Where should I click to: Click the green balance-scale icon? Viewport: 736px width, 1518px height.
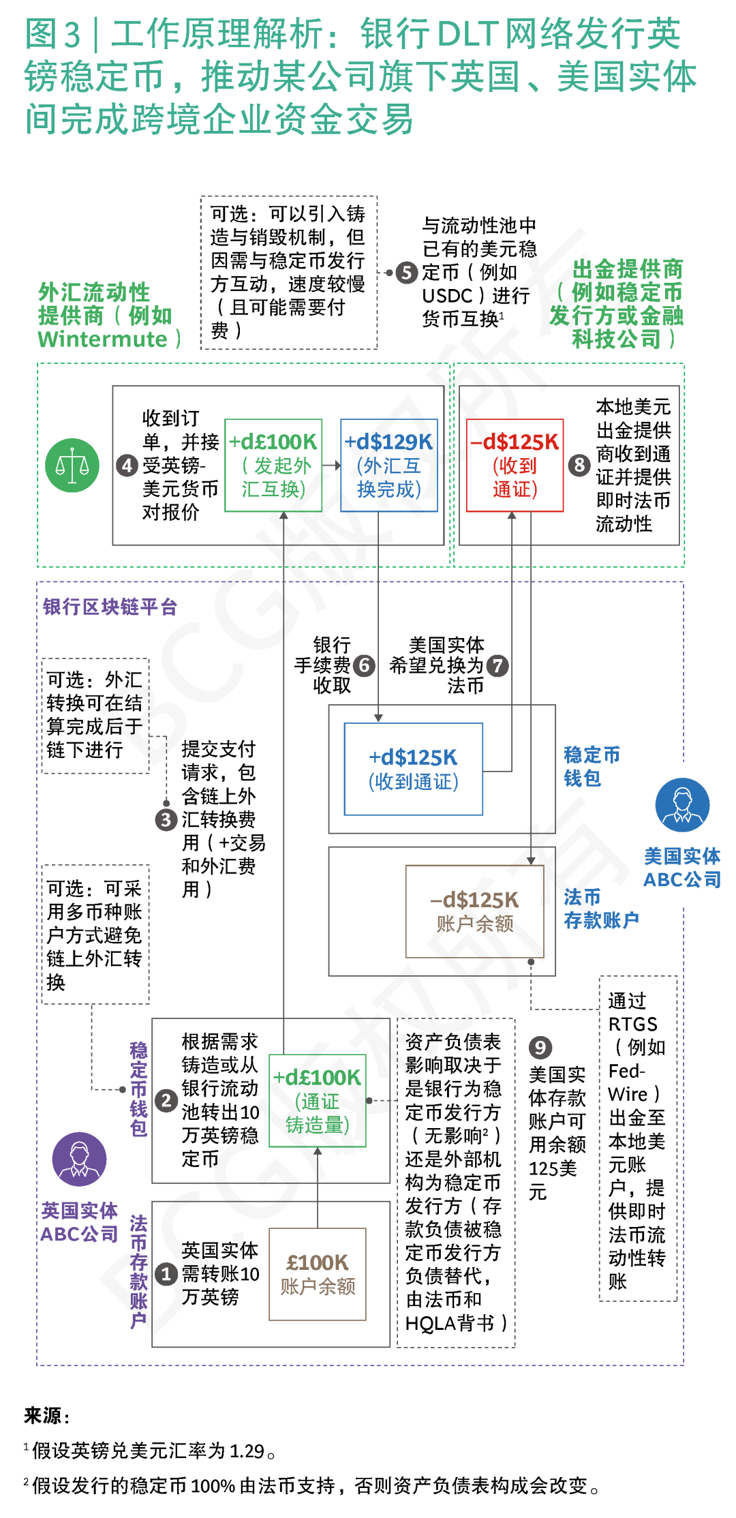click(72, 466)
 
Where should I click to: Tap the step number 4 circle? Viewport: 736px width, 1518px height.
click(127, 466)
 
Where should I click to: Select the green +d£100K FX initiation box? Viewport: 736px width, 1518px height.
click(273, 466)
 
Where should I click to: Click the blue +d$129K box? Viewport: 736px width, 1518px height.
click(388, 466)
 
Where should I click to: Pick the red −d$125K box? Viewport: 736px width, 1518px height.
click(515, 466)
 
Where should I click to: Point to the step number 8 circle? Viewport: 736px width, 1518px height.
click(579, 465)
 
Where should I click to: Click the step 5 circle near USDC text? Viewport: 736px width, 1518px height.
click(407, 273)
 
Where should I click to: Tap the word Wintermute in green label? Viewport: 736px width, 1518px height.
click(103, 339)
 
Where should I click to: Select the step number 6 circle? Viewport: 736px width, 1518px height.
click(364, 665)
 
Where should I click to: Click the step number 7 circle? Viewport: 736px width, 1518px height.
click(497, 665)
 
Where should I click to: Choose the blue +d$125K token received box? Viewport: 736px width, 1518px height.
click(413, 769)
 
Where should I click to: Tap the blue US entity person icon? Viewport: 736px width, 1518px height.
click(682, 805)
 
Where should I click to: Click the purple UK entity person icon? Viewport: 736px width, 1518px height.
click(79, 1159)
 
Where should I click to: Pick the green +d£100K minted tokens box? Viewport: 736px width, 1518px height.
click(318, 1101)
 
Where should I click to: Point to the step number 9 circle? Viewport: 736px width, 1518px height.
click(540, 1048)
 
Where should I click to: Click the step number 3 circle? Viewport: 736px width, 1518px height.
click(166, 819)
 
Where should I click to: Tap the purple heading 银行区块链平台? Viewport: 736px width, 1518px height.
click(110, 607)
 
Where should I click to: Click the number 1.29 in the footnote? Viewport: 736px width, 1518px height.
click(247, 1451)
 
